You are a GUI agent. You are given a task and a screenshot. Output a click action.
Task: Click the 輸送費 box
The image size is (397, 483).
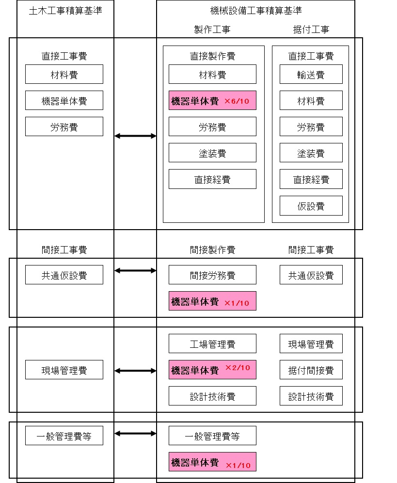click(311, 74)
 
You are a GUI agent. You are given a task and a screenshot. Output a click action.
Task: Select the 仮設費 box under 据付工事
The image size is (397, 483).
click(311, 206)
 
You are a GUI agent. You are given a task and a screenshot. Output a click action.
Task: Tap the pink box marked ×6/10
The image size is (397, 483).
click(212, 101)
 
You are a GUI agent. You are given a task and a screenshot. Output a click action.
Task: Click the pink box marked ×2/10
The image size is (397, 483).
click(212, 370)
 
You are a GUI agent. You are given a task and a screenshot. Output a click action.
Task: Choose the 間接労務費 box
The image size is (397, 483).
click(212, 275)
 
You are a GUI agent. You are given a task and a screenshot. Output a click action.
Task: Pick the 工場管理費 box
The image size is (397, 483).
click(212, 344)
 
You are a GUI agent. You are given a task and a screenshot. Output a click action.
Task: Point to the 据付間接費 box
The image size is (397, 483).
click(311, 370)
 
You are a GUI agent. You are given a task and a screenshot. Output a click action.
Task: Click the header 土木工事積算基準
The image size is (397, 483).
click(65, 11)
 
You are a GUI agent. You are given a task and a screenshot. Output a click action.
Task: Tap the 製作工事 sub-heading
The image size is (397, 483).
click(212, 30)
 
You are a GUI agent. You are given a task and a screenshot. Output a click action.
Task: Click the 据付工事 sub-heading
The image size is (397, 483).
click(311, 30)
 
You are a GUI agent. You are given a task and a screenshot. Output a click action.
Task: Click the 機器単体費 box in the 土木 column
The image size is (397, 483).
click(64, 101)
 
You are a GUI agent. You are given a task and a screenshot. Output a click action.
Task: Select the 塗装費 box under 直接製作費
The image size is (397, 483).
click(212, 153)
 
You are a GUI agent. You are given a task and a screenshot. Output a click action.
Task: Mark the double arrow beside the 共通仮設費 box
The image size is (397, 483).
click(135, 271)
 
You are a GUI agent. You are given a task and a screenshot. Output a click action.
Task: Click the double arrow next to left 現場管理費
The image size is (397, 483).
click(135, 371)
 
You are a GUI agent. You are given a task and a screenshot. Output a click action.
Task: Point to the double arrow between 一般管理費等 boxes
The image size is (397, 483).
click(135, 434)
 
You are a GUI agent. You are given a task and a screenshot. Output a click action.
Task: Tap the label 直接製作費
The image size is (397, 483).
click(212, 56)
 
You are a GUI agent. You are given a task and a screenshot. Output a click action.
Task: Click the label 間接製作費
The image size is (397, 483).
click(212, 250)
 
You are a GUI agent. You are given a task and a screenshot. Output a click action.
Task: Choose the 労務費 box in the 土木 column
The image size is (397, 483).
click(64, 127)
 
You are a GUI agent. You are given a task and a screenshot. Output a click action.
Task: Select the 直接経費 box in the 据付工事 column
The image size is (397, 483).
click(311, 179)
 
